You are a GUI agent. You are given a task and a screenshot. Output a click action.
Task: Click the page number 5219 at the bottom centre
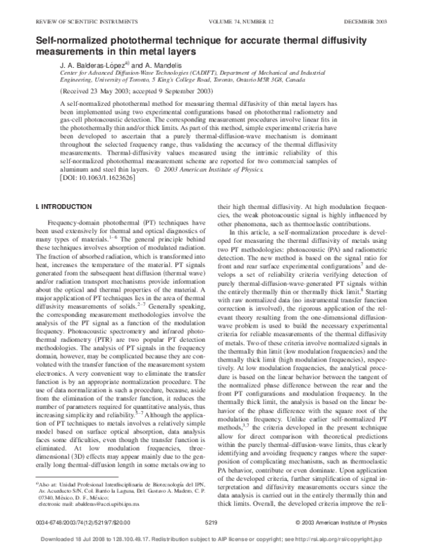click(x=211, y=522)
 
